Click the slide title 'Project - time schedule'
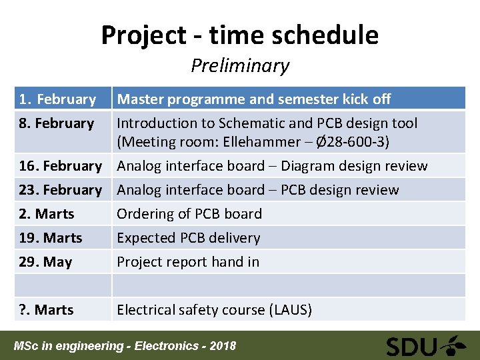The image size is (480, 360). tap(239, 35)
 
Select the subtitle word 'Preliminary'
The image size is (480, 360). tap(239, 65)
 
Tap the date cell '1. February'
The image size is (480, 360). tap(57, 99)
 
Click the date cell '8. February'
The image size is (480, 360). tap(56, 123)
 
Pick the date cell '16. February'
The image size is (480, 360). tap(60, 166)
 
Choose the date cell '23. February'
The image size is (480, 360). tap(60, 190)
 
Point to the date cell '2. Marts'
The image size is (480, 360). tap(47, 214)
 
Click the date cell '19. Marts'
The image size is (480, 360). tap(51, 238)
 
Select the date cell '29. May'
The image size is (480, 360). tap(45, 262)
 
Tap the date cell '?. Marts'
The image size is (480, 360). tap(46, 310)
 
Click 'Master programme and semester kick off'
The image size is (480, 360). tap(254, 99)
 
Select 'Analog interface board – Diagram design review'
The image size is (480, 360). tap(272, 166)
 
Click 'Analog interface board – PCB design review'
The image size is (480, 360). tap(258, 190)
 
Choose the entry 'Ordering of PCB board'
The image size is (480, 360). tap(189, 214)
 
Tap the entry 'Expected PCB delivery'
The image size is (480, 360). tap(189, 238)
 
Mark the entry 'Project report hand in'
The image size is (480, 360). tap(188, 262)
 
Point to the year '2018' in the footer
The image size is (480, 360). tap(222, 346)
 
